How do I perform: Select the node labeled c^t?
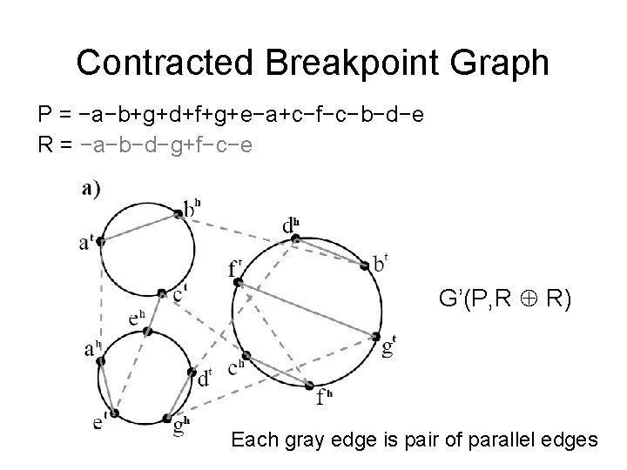162,293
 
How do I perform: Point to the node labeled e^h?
148,331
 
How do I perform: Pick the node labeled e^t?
114,413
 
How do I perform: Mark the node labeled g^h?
174,415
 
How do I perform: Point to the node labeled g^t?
377,336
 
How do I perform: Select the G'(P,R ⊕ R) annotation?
505,301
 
